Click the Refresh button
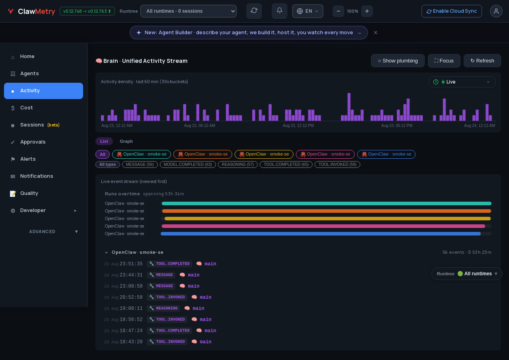click(x=482, y=61)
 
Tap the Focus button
click(x=444, y=61)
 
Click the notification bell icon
click(x=279, y=11)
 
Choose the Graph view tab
click(x=126, y=141)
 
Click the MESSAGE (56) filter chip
click(x=140, y=164)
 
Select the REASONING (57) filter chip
click(x=237, y=164)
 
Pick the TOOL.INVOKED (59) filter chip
click(x=337, y=164)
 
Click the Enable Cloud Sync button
click(x=451, y=11)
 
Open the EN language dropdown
click(x=307, y=11)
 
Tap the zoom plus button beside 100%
click(x=367, y=11)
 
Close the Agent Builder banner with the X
click(x=375, y=33)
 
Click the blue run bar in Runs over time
click(x=321, y=234)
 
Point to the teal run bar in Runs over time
click(x=326, y=203)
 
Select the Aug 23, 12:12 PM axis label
click(x=298, y=125)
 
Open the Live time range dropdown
click(x=462, y=82)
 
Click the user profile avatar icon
click(x=496, y=11)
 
